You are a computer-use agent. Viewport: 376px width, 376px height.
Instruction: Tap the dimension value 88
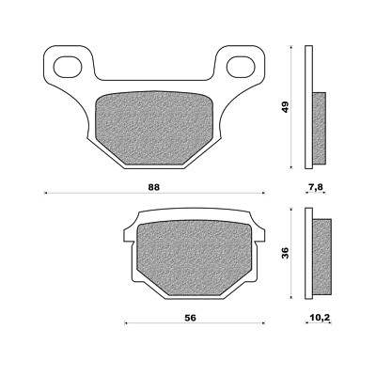(x=155, y=186)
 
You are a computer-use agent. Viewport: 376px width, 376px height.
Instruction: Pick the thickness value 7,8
(x=316, y=188)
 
